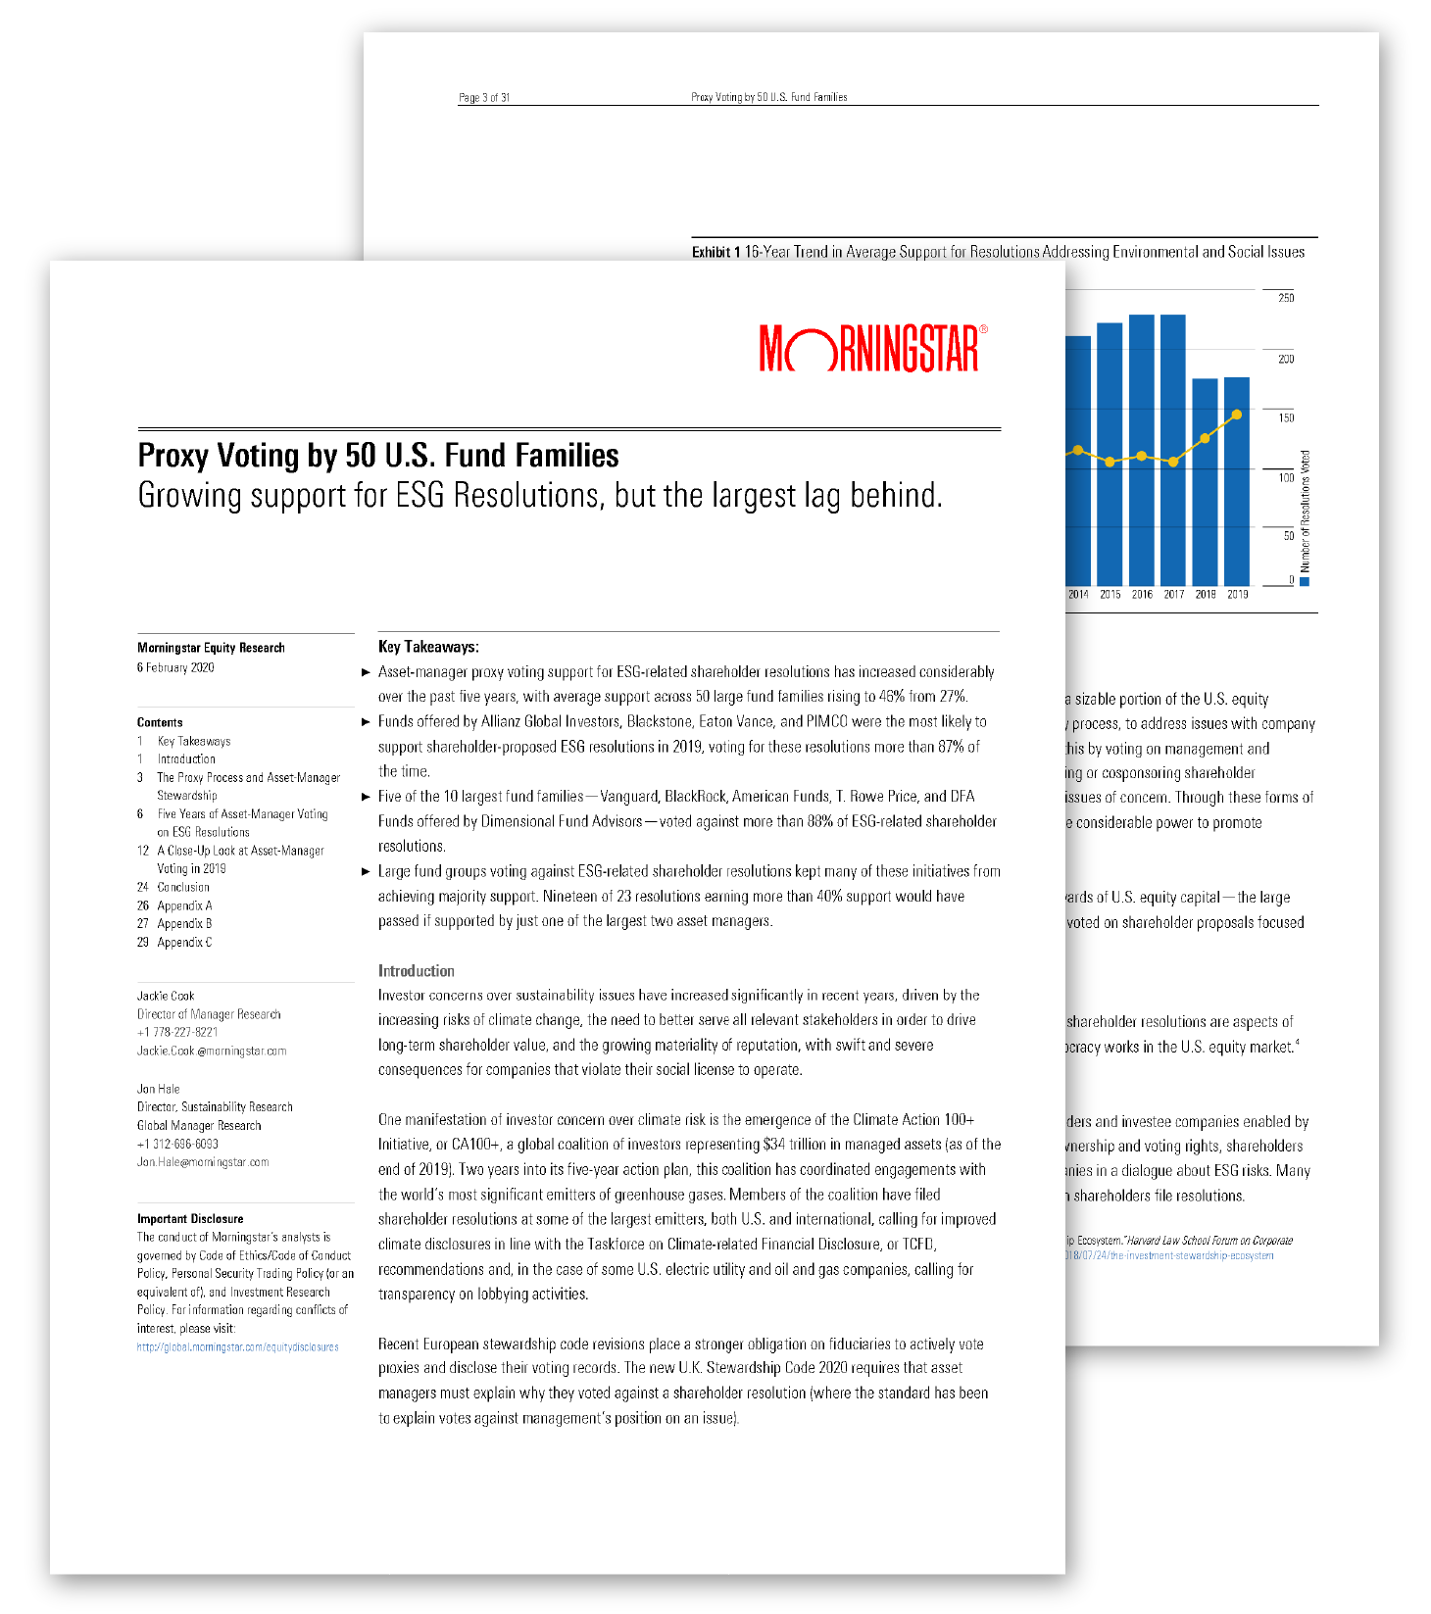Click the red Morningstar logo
(x=871, y=348)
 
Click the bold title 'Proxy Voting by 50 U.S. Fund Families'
(x=378, y=456)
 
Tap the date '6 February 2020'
(x=175, y=667)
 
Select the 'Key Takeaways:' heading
(x=428, y=647)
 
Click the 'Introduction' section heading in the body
(x=417, y=971)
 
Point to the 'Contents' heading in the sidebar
(x=160, y=722)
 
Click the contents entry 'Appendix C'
(x=184, y=942)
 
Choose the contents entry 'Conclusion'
(x=183, y=887)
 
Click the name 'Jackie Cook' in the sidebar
(x=166, y=996)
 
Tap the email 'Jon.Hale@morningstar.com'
(x=203, y=1162)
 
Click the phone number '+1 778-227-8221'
(x=177, y=1032)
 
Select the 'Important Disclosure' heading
(x=190, y=1219)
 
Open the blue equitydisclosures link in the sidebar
(x=238, y=1347)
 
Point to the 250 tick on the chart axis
(x=1286, y=298)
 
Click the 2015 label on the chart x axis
(x=1110, y=595)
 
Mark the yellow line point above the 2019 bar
(x=1237, y=415)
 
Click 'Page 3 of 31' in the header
(x=484, y=97)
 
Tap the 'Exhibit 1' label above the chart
(x=715, y=253)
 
